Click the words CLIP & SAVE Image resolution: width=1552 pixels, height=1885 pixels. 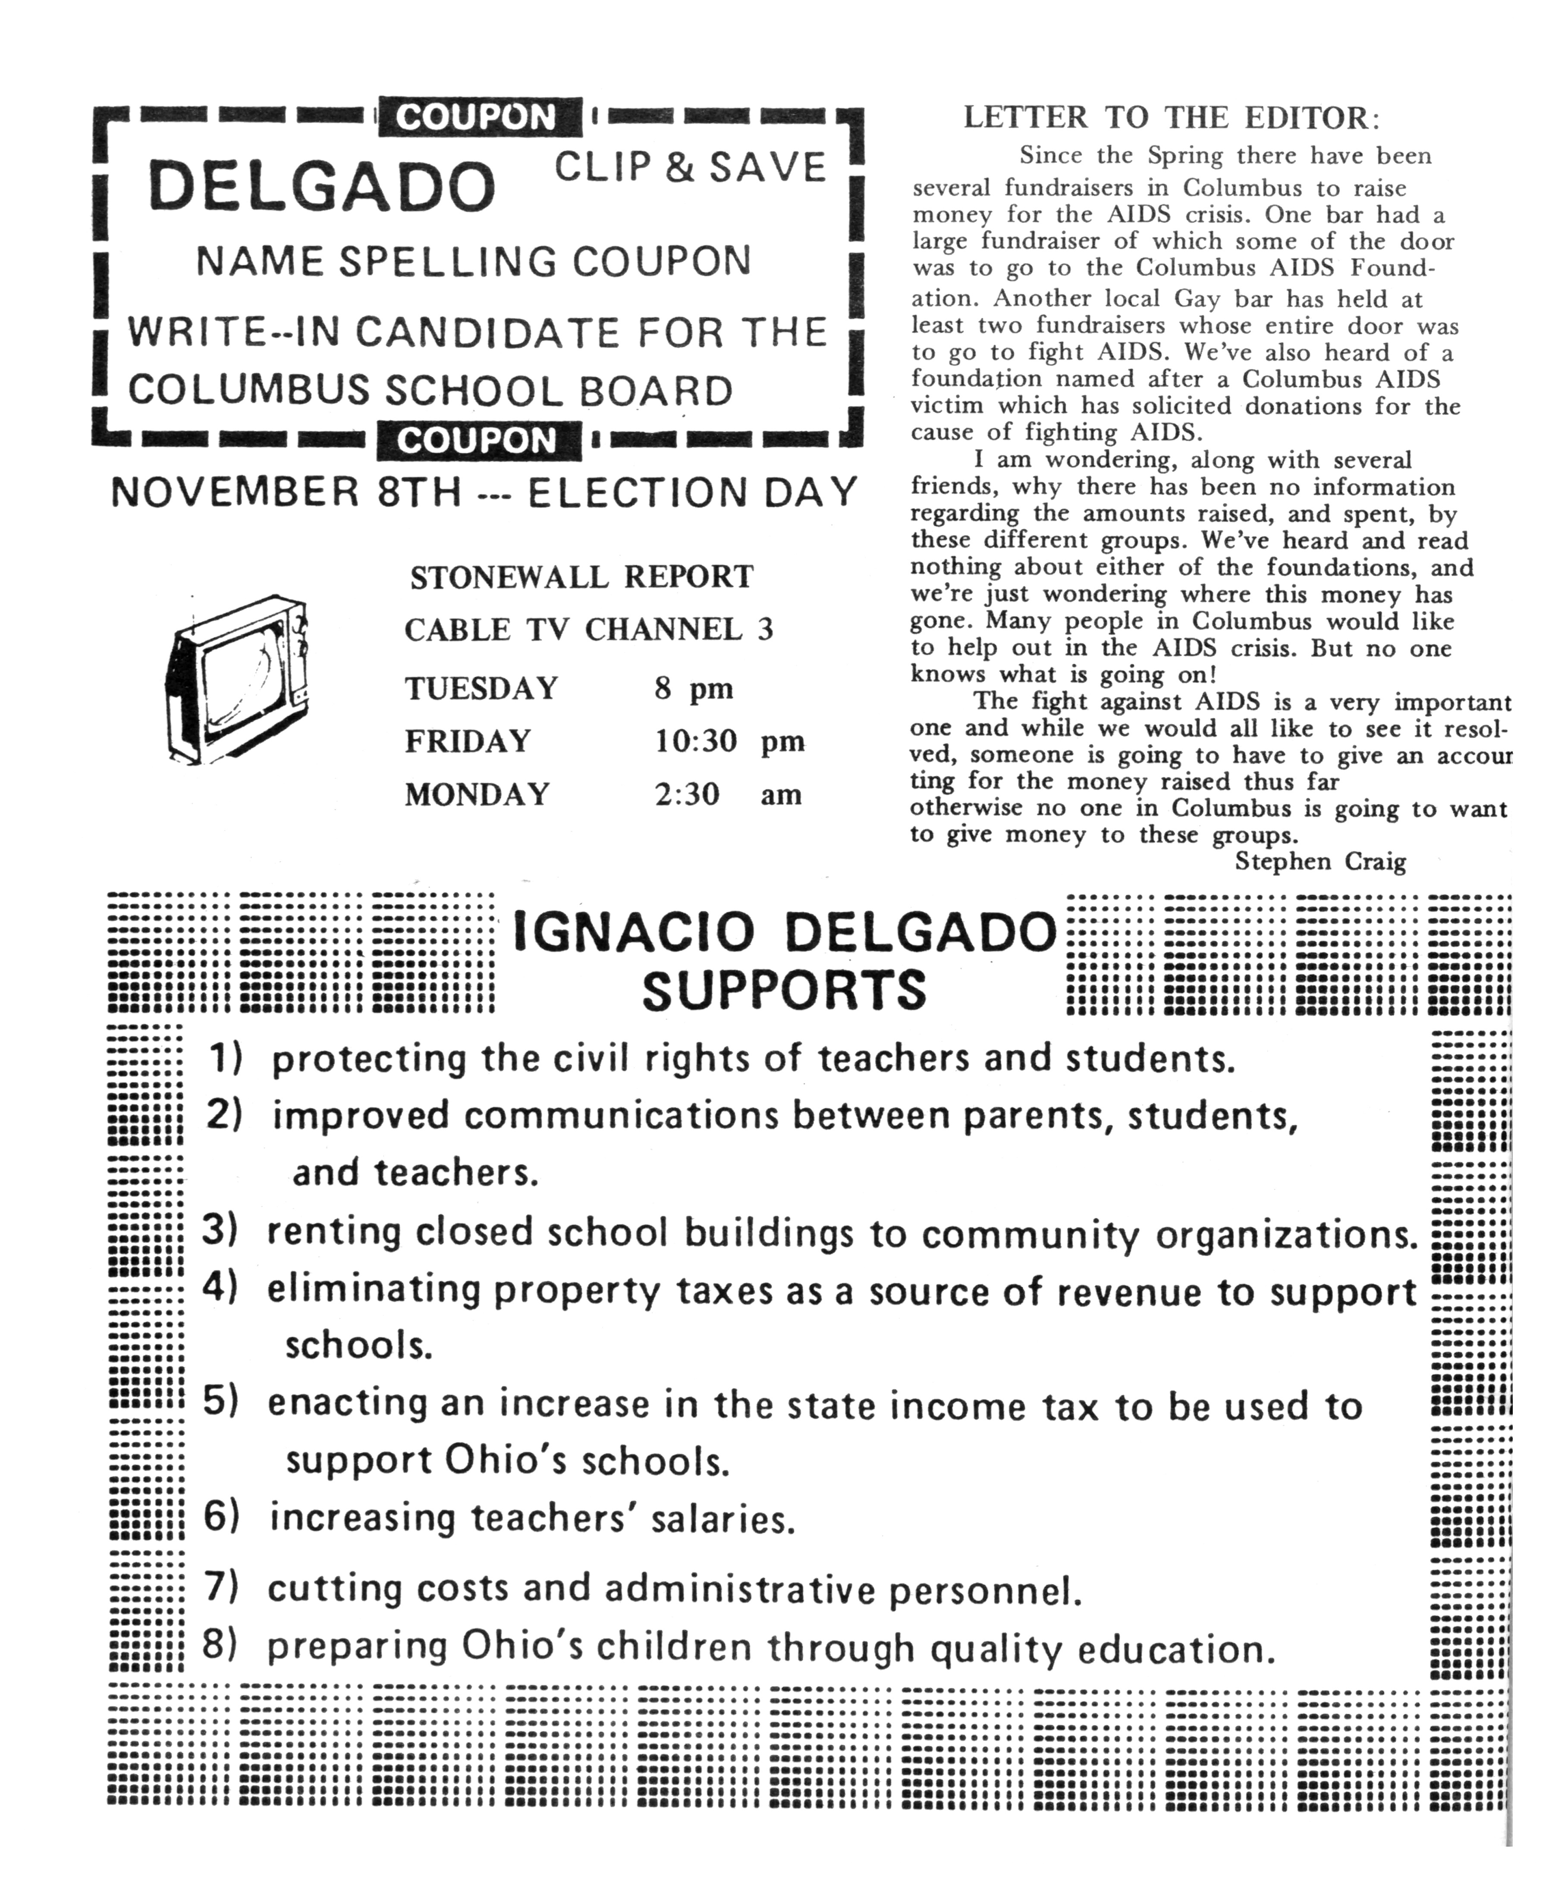pyautogui.click(x=690, y=167)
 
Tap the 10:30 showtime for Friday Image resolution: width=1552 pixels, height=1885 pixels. pyautogui.click(x=695, y=741)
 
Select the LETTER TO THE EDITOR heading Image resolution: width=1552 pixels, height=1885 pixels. pyautogui.click(x=1171, y=118)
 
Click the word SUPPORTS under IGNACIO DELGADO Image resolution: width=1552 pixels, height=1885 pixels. pyautogui.click(x=784, y=990)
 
